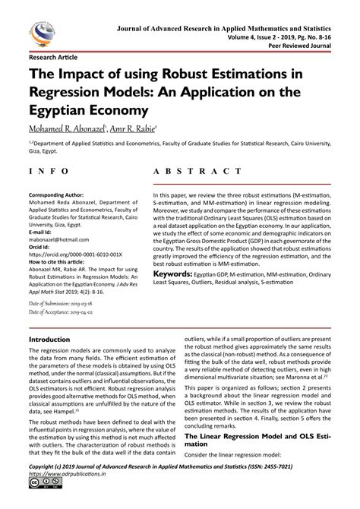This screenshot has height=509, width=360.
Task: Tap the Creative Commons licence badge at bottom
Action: (x=37, y=502)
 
